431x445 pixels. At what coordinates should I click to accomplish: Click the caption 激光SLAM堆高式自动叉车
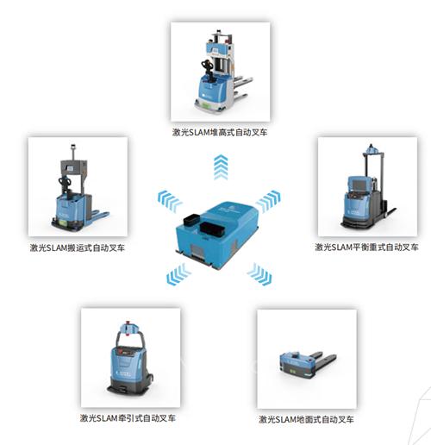tap(220, 132)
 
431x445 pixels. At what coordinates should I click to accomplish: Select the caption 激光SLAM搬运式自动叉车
tap(78, 248)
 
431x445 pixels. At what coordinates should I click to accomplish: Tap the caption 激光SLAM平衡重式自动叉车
tap(366, 247)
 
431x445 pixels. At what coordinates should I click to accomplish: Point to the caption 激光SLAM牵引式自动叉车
tap(128, 417)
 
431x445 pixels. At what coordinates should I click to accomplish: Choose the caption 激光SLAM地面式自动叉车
tap(306, 419)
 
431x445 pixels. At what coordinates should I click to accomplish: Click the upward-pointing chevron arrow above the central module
tap(221, 167)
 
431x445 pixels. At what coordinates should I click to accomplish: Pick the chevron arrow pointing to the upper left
tap(170, 200)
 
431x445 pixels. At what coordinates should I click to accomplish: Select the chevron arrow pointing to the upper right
tap(268, 200)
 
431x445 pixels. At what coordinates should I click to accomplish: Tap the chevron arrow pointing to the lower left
tap(178, 274)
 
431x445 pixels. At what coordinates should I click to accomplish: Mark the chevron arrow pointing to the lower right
tap(259, 273)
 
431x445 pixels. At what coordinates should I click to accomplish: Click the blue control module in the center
tap(217, 235)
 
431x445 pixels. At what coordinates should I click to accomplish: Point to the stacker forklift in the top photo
tap(223, 72)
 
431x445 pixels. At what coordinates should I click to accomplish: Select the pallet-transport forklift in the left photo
tap(80, 187)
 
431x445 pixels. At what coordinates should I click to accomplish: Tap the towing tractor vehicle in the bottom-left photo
tap(130, 358)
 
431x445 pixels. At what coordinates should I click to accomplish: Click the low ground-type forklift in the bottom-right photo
tap(308, 364)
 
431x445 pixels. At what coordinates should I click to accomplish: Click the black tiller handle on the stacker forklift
tap(208, 68)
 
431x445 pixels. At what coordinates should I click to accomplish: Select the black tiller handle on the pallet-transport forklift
tap(66, 184)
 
